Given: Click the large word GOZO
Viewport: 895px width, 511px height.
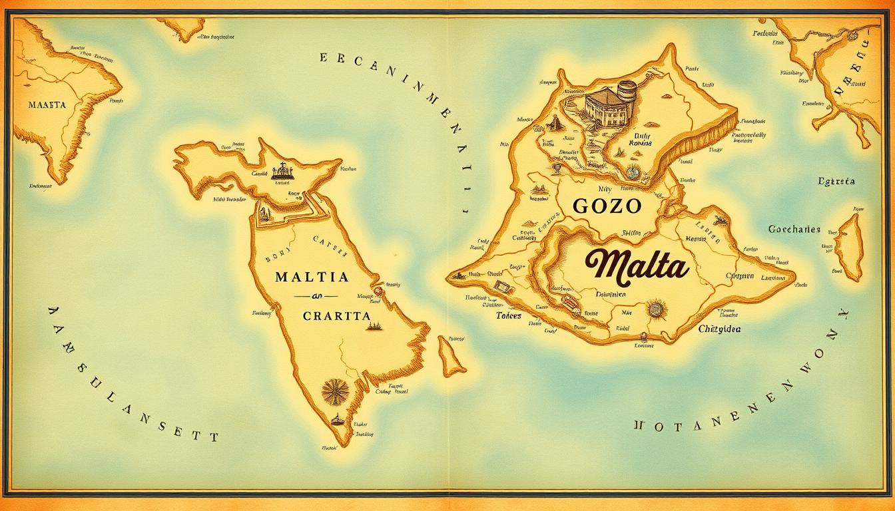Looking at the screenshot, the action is point(607,206).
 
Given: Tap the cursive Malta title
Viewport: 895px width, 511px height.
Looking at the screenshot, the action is point(637,265).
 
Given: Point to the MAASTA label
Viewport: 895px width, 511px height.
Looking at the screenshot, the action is point(47,105).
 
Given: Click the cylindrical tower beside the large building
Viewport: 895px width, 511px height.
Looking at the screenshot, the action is point(627,90).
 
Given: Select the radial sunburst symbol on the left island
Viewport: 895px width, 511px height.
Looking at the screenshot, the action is point(336,391).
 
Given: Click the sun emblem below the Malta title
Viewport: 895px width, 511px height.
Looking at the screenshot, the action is point(656,309).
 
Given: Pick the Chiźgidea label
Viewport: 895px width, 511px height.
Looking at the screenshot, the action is point(719,329).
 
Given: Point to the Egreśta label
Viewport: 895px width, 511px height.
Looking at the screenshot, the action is point(836,181).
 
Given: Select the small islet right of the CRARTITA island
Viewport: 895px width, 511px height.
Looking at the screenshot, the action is point(451,356).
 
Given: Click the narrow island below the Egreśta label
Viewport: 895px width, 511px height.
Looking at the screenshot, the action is point(849,246).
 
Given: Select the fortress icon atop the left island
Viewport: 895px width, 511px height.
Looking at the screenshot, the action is point(282,172).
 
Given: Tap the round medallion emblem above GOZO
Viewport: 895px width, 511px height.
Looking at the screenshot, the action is point(632,173).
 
